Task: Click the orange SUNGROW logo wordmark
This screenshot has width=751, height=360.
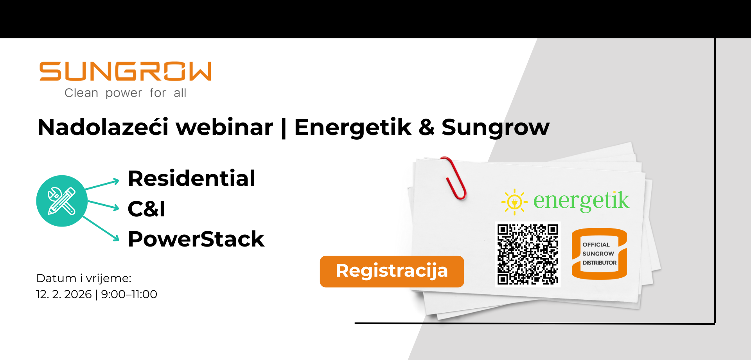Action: click(x=125, y=71)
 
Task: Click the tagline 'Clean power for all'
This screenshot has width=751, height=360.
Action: click(x=125, y=93)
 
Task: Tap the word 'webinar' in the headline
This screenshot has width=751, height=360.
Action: click(x=225, y=127)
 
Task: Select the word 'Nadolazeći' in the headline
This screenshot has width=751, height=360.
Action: click(x=103, y=127)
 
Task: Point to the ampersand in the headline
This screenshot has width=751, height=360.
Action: click(x=426, y=128)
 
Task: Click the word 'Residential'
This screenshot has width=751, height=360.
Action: click(x=192, y=178)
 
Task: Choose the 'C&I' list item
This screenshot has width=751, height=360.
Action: click(x=147, y=209)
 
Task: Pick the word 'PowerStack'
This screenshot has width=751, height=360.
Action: click(x=196, y=239)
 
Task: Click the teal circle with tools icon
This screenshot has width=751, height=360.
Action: click(x=62, y=201)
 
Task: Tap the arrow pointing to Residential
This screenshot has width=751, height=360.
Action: click(x=102, y=185)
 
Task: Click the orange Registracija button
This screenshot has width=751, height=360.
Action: click(x=392, y=272)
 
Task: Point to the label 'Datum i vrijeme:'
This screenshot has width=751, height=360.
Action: click(x=84, y=278)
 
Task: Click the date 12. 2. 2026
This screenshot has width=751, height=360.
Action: click(x=64, y=294)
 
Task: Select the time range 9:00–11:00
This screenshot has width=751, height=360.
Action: click(x=129, y=294)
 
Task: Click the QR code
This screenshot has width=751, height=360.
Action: click(x=528, y=254)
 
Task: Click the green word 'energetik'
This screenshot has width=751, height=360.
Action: click(x=581, y=201)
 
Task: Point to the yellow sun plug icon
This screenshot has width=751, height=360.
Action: click(x=514, y=202)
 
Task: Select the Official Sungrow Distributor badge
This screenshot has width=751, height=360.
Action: click(x=599, y=254)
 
